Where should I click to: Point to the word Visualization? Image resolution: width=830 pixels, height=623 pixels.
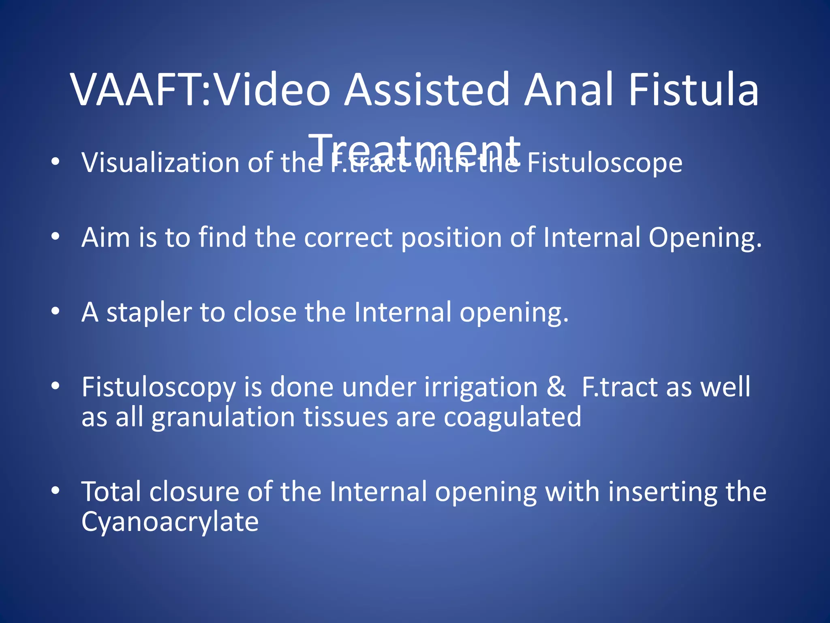click(x=160, y=163)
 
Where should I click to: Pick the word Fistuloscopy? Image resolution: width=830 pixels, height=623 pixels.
click(x=158, y=388)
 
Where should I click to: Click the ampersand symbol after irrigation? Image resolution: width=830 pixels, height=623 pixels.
click(x=556, y=387)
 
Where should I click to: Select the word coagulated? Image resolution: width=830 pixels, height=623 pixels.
click(x=512, y=417)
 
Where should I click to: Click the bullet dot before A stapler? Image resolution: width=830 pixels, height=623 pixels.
click(x=56, y=311)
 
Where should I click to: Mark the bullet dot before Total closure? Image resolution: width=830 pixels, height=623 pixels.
click(x=56, y=491)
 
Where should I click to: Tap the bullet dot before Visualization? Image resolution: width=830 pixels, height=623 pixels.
click(x=56, y=162)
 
